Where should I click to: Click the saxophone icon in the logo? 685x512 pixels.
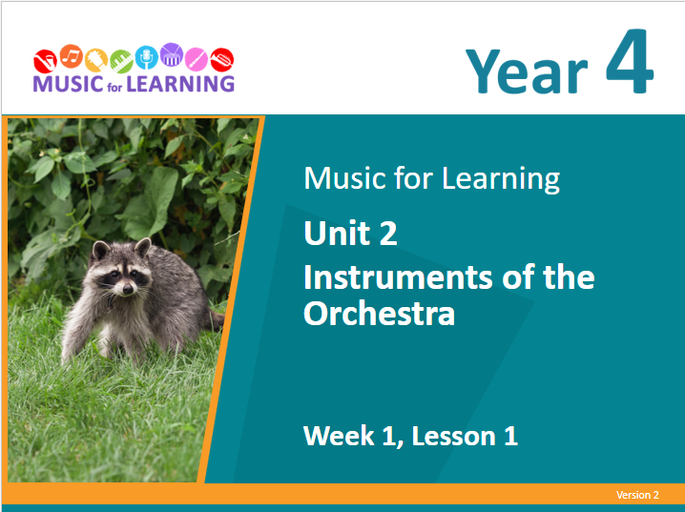[x=45, y=61]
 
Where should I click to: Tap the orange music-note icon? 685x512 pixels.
[x=72, y=56]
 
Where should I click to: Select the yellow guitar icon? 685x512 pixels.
[x=96, y=60]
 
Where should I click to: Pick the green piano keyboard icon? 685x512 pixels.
[x=121, y=62]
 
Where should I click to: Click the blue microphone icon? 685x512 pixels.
[x=146, y=57]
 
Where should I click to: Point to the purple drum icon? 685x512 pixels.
[x=172, y=54]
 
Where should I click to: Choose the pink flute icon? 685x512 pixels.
[x=197, y=59]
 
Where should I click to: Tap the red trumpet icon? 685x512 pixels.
[x=222, y=60]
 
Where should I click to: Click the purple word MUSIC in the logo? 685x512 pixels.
[x=68, y=84]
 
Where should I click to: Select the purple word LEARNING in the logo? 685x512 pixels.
[x=180, y=84]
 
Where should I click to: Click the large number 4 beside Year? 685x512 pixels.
[x=630, y=61]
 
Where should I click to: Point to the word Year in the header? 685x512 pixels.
[x=527, y=72]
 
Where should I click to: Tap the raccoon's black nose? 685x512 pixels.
[x=128, y=289]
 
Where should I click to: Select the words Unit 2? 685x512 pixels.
[x=350, y=233]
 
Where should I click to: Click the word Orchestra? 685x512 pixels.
[x=379, y=314]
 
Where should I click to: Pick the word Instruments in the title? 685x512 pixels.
[x=398, y=277]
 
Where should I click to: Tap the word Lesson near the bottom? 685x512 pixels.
[x=453, y=436]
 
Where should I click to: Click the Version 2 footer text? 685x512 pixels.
[x=637, y=495]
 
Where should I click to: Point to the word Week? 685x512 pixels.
[x=339, y=436]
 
